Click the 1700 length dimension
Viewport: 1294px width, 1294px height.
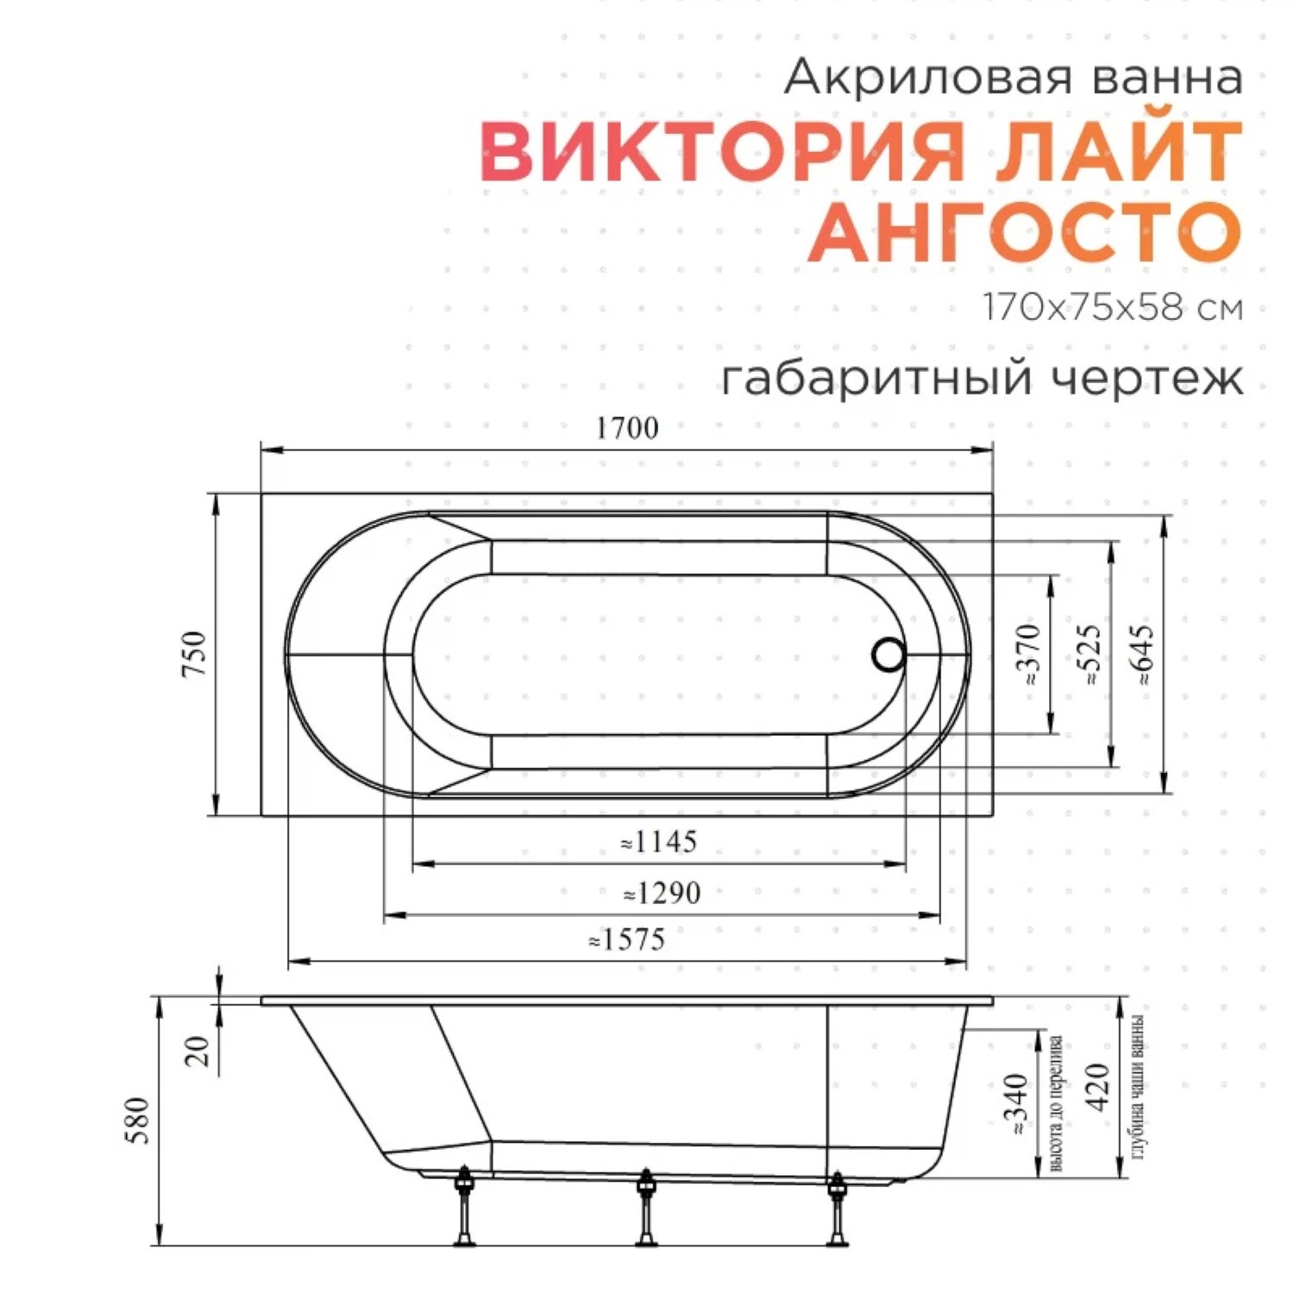point(627,428)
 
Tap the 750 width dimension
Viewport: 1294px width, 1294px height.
point(195,653)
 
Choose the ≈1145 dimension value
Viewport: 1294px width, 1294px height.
point(659,842)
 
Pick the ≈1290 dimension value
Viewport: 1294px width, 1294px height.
point(662,893)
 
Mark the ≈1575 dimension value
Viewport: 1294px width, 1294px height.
point(627,939)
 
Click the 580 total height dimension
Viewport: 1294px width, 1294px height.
point(138,1121)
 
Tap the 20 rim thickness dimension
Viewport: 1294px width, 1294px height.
point(198,1051)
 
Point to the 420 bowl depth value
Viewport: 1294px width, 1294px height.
point(1097,1088)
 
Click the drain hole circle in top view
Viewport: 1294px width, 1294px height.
point(889,655)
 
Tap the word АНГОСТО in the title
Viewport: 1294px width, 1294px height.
point(1025,233)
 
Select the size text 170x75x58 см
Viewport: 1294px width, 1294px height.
point(1113,308)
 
